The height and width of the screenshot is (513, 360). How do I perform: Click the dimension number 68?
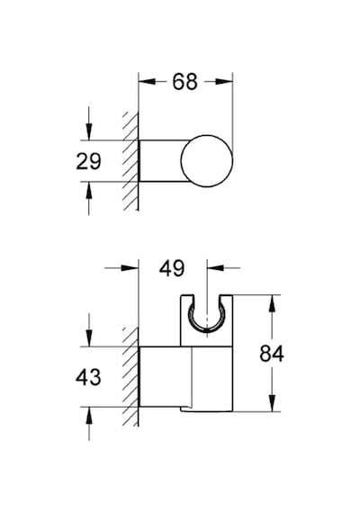tap(184, 82)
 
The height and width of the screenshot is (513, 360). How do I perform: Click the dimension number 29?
tap(88, 161)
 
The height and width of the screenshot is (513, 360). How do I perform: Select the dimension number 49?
tap(172, 268)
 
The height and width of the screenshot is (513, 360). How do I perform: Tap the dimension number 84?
tap(272, 354)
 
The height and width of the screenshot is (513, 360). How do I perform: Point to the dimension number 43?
tap(88, 377)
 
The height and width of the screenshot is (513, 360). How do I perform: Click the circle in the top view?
tap(207, 160)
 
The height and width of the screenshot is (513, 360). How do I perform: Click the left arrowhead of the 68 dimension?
tap(147, 82)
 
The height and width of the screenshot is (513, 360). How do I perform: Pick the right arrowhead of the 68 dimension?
tap(224, 82)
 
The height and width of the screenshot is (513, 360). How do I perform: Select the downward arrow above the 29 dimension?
tap(89, 123)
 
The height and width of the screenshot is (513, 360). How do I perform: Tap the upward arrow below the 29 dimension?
tap(89, 198)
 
